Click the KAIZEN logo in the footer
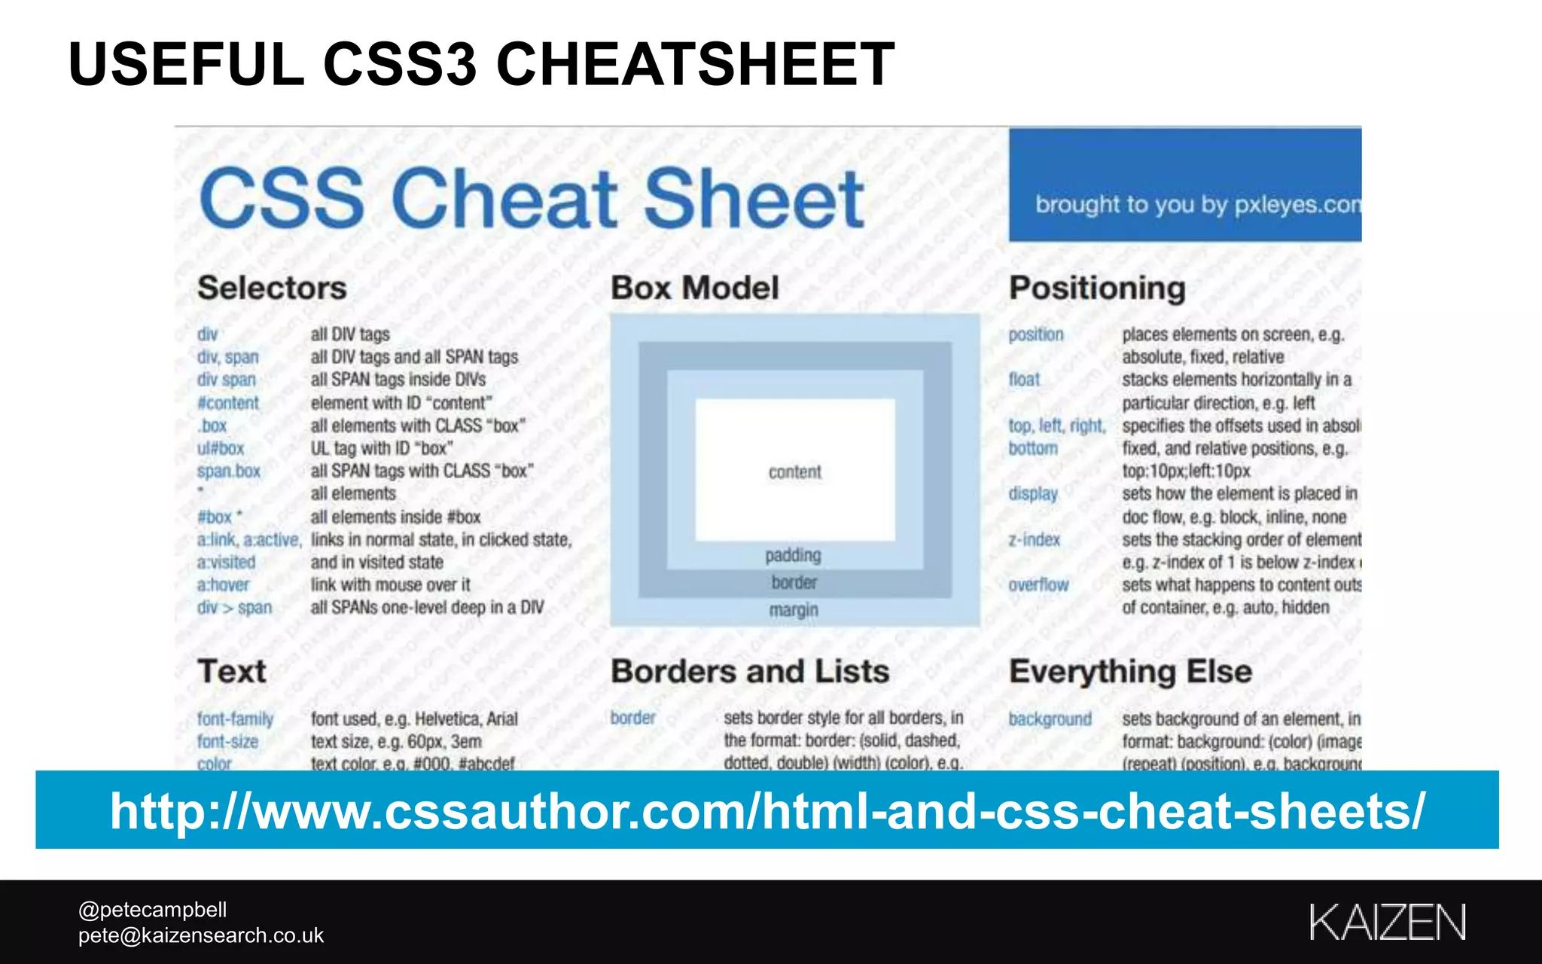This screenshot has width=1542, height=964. point(1387,922)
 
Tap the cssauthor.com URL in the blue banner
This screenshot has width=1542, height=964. point(767,810)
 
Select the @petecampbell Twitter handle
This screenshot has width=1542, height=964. point(153,910)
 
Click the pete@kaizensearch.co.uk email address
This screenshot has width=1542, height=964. point(201,935)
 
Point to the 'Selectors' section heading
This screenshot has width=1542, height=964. point(272,288)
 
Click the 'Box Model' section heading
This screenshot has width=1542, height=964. point(694,288)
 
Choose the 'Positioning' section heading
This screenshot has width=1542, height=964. point(1097,288)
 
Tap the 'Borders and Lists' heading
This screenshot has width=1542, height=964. point(750,671)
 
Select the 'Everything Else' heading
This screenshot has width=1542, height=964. point(1130,671)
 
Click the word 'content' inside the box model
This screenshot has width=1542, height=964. point(794,472)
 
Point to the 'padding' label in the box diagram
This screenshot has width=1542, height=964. point(793,556)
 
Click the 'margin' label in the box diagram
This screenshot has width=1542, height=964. point(794,610)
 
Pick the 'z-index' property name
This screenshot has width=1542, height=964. point(1035,540)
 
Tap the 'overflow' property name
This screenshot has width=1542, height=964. point(1038,585)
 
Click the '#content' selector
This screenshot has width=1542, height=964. point(228,403)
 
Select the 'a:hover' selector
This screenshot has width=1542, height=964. point(223,585)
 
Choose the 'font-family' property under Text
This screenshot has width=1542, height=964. point(235,719)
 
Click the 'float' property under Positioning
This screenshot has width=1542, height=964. point(1024,380)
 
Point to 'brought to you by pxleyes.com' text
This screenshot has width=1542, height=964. point(1197,204)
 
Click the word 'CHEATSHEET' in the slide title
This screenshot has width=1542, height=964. point(695,64)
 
